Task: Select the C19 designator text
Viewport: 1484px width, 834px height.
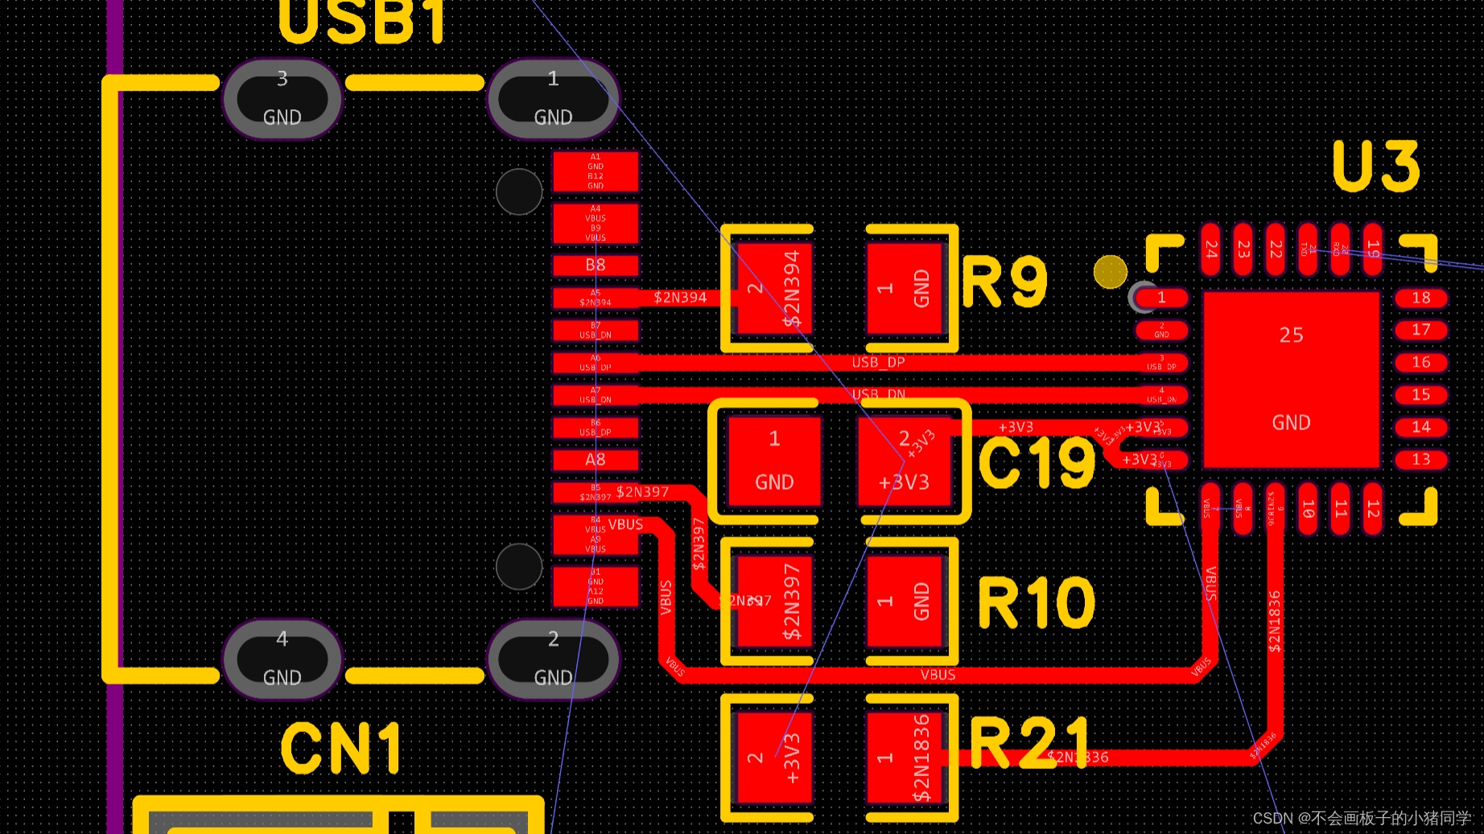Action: click(1037, 462)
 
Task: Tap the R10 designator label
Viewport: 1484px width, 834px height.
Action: click(1037, 602)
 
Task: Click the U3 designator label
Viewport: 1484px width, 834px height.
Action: click(1376, 166)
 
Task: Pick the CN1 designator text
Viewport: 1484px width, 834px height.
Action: click(341, 748)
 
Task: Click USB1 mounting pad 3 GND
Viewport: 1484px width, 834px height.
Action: click(282, 99)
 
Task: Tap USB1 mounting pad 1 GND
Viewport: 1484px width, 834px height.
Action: click(553, 99)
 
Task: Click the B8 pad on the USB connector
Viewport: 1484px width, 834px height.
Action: click(596, 265)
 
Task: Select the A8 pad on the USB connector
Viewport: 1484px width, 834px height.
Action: click(596, 460)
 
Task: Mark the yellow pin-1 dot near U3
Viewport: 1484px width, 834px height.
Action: click(1111, 272)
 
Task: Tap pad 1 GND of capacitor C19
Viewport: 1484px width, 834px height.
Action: click(774, 461)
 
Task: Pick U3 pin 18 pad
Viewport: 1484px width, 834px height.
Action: click(1420, 298)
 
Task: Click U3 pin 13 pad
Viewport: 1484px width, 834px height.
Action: click(1420, 459)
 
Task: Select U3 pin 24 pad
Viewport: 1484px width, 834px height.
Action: click(1211, 249)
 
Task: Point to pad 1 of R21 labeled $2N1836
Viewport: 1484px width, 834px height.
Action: click(905, 758)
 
